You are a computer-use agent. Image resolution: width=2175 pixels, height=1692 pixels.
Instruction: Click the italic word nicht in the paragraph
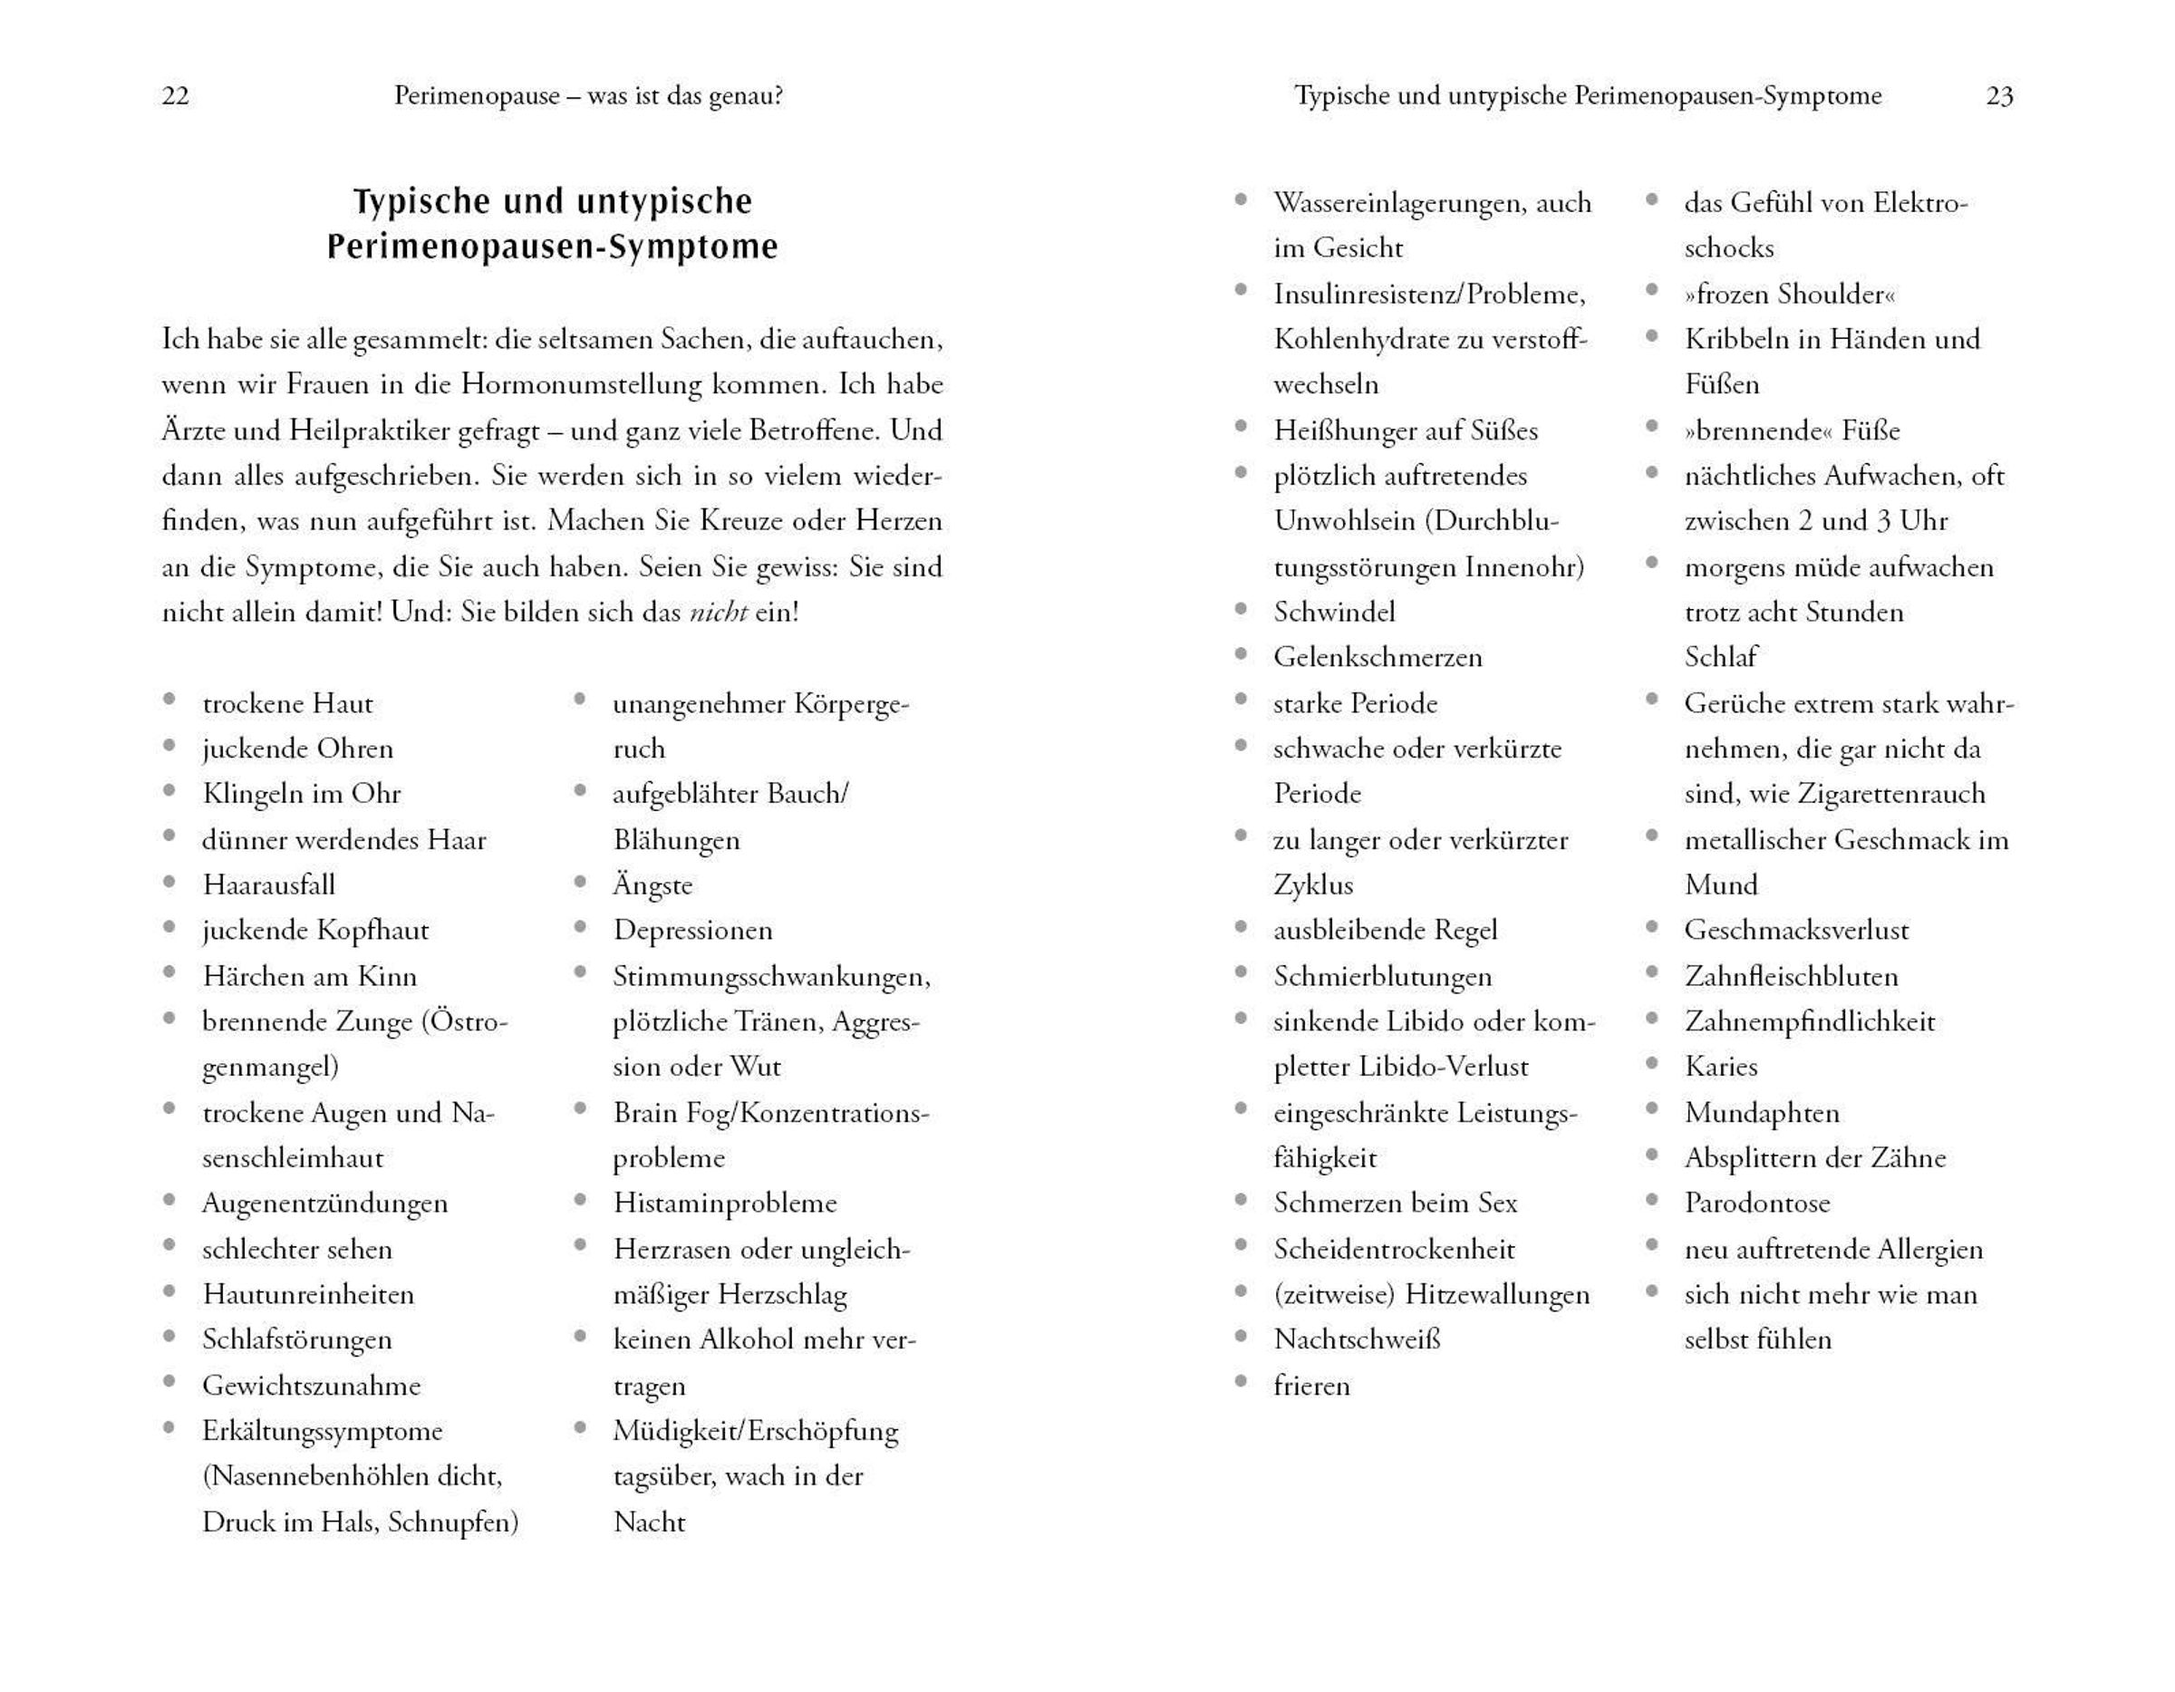pyautogui.click(x=718, y=612)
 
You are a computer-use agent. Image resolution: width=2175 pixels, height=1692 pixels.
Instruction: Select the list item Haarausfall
pyautogui.click(x=269, y=885)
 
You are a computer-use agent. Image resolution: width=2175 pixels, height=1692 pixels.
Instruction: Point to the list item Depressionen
pyautogui.click(x=693, y=930)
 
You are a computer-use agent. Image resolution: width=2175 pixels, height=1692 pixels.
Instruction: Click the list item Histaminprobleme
pyautogui.click(x=725, y=1203)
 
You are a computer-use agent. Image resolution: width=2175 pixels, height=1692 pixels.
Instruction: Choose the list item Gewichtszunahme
pyautogui.click(x=312, y=1386)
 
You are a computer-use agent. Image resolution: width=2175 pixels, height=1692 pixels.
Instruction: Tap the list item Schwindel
pyautogui.click(x=1335, y=612)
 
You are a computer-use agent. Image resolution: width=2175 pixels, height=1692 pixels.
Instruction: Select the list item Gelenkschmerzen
pyautogui.click(x=1378, y=657)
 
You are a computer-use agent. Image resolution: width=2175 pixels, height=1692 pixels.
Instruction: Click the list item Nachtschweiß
pyautogui.click(x=1358, y=1339)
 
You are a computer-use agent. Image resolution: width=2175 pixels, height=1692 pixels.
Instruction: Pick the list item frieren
pyautogui.click(x=1311, y=1386)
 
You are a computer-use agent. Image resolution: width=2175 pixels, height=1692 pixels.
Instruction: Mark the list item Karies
pyautogui.click(x=1721, y=1067)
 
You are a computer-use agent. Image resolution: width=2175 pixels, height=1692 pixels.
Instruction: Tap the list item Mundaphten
pyautogui.click(x=1762, y=1112)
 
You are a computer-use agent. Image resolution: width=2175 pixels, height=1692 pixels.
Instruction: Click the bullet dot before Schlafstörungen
pyautogui.click(x=169, y=1337)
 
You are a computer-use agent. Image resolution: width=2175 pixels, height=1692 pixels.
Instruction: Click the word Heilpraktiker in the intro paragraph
pyautogui.click(x=373, y=430)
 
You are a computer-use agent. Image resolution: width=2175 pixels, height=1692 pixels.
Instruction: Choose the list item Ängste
pyautogui.click(x=652, y=885)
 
